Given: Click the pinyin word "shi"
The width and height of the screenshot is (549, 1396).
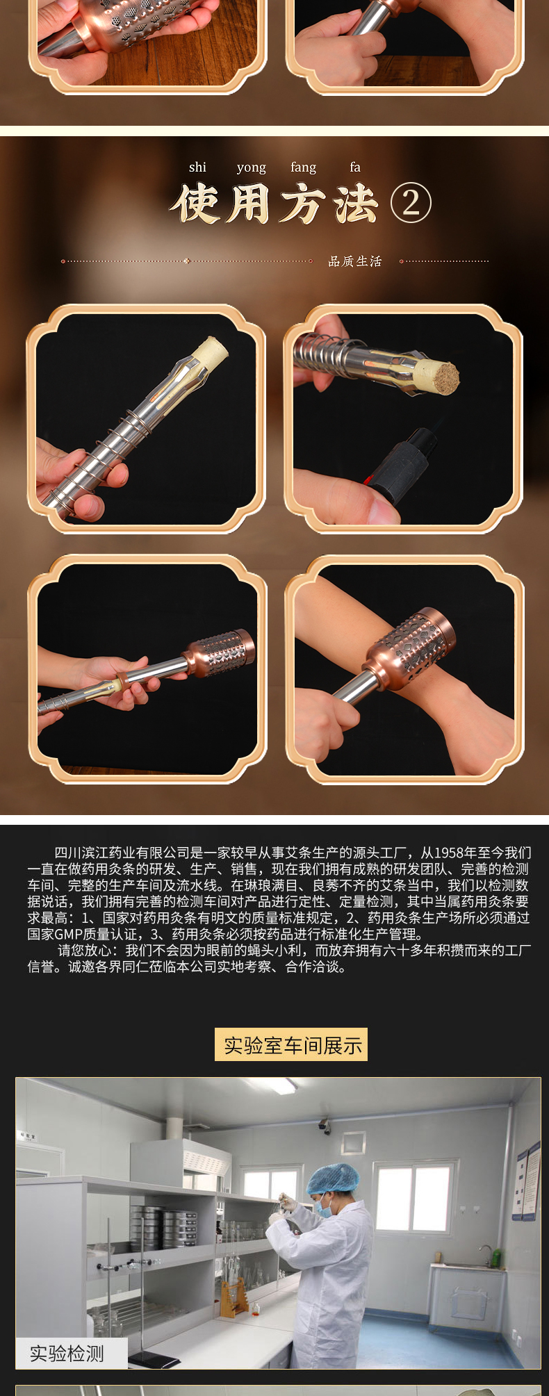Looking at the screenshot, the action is (x=197, y=167).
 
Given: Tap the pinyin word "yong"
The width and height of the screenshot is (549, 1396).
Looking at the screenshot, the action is (x=251, y=167).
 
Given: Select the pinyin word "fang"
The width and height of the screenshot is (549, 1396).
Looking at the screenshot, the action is (x=303, y=167).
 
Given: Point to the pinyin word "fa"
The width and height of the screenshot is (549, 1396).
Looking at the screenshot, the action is (x=355, y=167).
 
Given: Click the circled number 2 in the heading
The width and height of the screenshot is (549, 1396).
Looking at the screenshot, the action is (x=411, y=203).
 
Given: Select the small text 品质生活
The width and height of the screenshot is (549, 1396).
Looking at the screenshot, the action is (x=355, y=261).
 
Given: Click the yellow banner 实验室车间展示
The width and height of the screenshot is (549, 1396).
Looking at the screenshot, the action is (x=291, y=1044).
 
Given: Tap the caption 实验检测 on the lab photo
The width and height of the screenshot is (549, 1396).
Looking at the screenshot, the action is (x=67, y=1353).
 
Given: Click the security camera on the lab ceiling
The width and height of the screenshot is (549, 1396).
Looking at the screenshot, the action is (x=325, y=1125).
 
